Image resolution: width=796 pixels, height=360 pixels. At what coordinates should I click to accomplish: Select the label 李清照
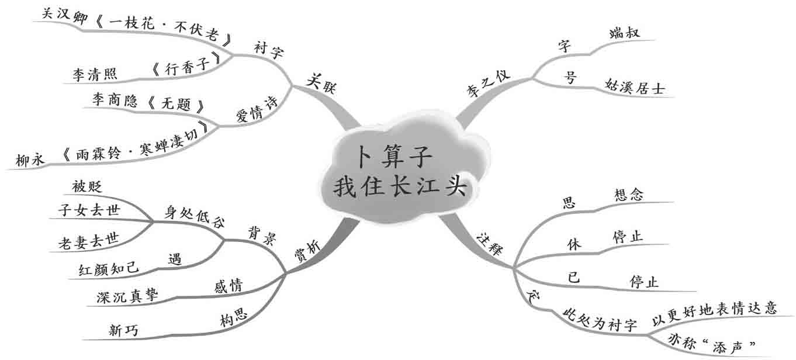(x=95, y=74)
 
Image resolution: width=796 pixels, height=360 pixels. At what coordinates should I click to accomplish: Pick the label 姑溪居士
(x=635, y=86)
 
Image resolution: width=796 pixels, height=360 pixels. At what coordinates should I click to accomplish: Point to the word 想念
(x=629, y=195)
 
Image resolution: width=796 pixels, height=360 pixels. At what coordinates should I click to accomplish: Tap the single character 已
(x=574, y=278)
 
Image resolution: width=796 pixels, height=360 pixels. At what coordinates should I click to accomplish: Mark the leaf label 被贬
(x=87, y=187)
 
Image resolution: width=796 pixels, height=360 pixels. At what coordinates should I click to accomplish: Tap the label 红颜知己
(x=109, y=268)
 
